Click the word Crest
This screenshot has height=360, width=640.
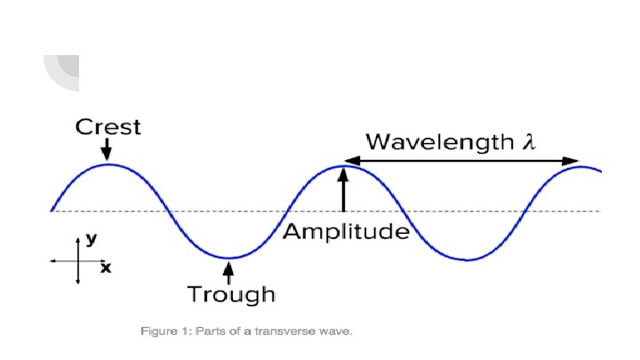(108, 127)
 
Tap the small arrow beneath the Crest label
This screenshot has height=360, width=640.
(108, 151)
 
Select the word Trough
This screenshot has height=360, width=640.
(230, 293)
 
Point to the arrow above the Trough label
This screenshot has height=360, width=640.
(229, 270)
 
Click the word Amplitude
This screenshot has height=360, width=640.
(347, 233)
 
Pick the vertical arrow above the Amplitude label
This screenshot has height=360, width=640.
(345, 192)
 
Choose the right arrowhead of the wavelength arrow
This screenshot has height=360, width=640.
(573, 161)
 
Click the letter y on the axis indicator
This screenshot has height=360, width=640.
(91, 239)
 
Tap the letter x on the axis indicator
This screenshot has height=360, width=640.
(106, 267)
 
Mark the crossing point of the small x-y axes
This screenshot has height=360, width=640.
(78, 261)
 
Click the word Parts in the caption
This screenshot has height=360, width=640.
(211, 332)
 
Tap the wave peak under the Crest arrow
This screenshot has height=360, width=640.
(108, 164)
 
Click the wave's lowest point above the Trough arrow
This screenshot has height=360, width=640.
(228, 259)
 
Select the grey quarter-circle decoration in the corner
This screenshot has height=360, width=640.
(60, 72)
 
